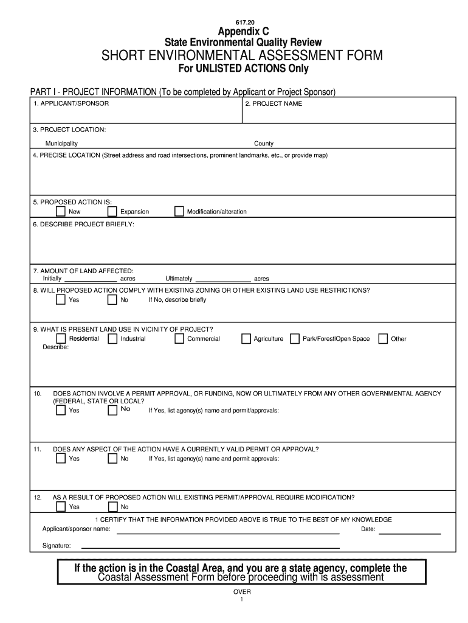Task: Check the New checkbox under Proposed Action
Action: coord(60,212)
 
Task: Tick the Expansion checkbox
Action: coord(112,212)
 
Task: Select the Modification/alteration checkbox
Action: coord(179,212)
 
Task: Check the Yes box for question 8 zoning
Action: coord(60,299)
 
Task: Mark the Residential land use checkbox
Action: coord(60,339)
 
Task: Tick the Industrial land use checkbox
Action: coord(112,339)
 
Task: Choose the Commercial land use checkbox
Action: coord(179,339)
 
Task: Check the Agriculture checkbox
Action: coord(246,339)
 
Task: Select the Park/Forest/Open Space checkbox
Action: coord(295,339)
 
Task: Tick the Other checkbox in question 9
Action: coord(383,339)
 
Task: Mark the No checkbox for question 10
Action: coord(112,410)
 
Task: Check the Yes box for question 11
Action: coord(60,459)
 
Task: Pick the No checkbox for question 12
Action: coord(112,507)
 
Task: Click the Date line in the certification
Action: coord(410,532)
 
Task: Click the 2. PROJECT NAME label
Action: coord(273,103)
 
